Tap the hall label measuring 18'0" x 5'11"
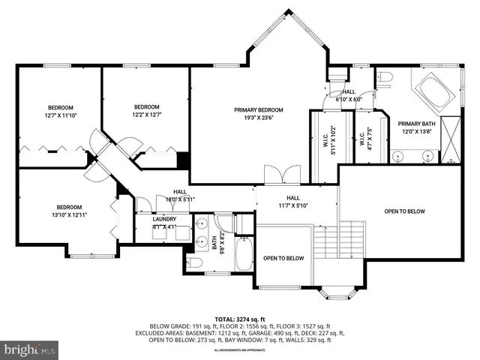(180, 196)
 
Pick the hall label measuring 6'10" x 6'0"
(349, 95)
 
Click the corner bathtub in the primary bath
(430, 91)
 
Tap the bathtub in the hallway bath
(244, 255)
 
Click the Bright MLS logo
(30, 349)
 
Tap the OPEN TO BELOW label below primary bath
(404, 211)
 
